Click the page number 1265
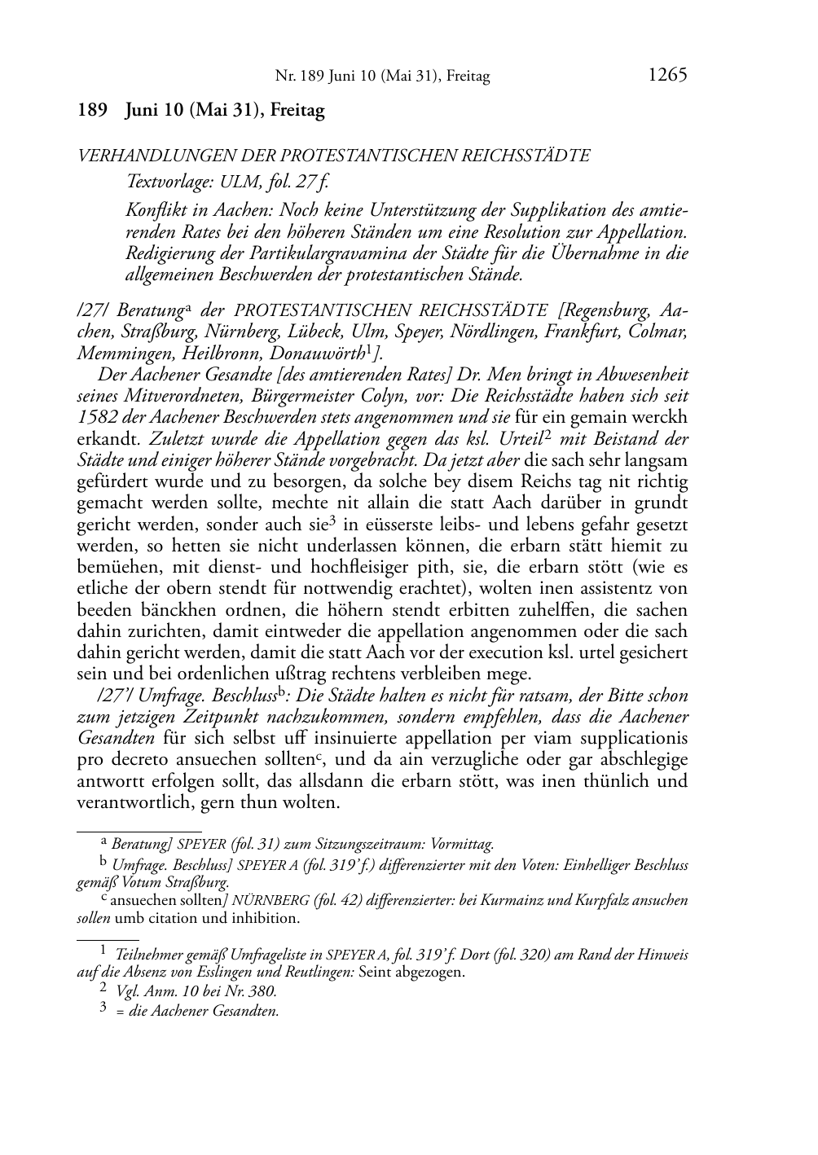(667, 76)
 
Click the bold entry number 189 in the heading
(93, 111)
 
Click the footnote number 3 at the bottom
(103, 1010)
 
